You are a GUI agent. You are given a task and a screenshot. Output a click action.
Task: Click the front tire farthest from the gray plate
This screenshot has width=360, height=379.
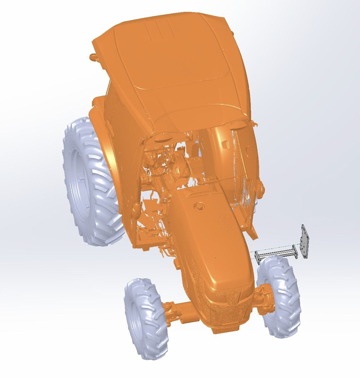146,317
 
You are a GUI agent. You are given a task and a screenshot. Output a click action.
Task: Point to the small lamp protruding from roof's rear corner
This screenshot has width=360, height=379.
93,57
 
